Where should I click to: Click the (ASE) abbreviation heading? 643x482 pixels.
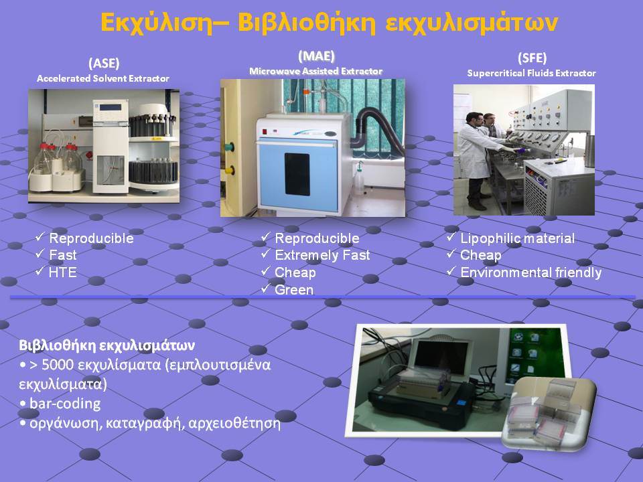pyautogui.click(x=104, y=63)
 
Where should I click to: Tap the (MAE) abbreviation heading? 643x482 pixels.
pyautogui.click(x=316, y=56)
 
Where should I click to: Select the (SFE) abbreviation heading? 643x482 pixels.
pyautogui.click(x=532, y=58)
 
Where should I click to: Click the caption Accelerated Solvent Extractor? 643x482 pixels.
pyautogui.click(x=103, y=78)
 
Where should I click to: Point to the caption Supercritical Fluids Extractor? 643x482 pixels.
pyautogui.click(x=531, y=74)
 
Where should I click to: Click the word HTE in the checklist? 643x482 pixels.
pyautogui.click(x=63, y=272)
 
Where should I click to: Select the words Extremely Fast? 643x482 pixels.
pyautogui.click(x=322, y=255)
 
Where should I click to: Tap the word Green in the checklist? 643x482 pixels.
pyautogui.click(x=294, y=290)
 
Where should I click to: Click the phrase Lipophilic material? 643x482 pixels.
pyautogui.click(x=518, y=238)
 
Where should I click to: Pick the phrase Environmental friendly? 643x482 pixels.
pyautogui.click(x=531, y=272)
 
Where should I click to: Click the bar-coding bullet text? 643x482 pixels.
pyautogui.click(x=65, y=404)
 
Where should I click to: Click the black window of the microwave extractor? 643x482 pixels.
pyautogui.click(x=297, y=174)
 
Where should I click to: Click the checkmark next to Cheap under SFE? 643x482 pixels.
pyautogui.click(x=451, y=254)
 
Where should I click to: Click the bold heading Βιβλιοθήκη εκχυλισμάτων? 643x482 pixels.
pyautogui.click(x=106, y=345)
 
